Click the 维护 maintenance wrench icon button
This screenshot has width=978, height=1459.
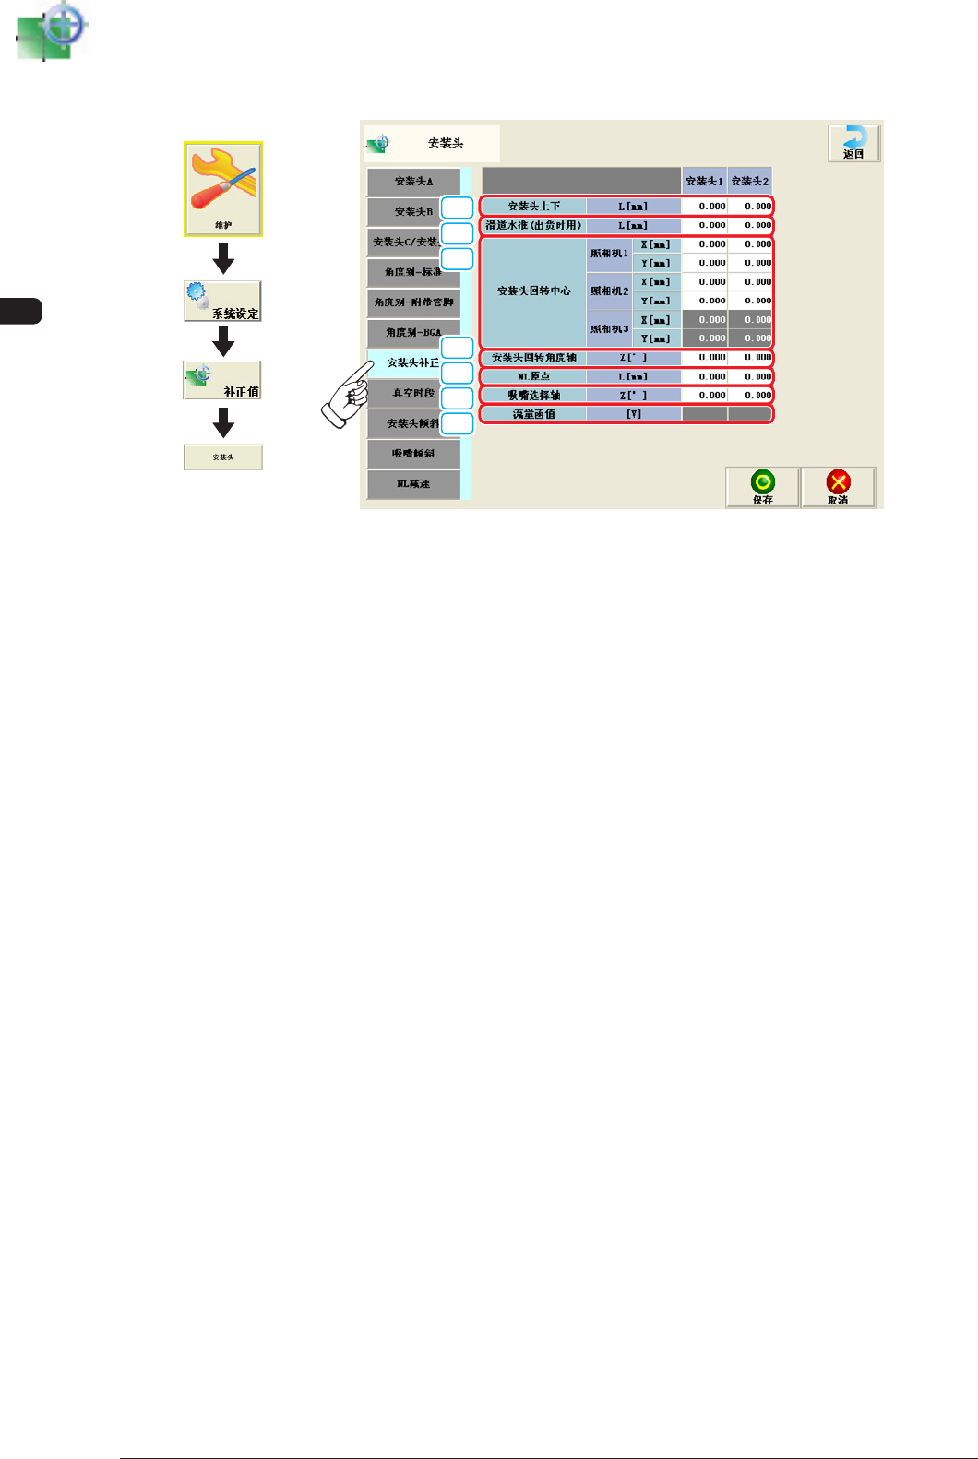(223, 188)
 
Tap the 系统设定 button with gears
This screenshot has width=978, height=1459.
(222, 301)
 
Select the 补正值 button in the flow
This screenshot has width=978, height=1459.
(222, 380)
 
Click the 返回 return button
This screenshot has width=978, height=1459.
(853, 143)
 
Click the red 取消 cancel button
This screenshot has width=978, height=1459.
(838, 486)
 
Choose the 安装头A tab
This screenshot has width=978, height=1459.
(413, 182)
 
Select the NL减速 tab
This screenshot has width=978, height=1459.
(413, 484)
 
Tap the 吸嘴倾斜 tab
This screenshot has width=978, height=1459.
(413, 454)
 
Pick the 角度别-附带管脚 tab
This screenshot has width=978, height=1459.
(413, 302)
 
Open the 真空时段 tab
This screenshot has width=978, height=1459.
(413, 394)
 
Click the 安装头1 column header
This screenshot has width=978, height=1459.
(704, 181)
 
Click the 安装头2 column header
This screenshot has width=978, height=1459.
(750, 181)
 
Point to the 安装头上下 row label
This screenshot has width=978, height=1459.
(533, 207)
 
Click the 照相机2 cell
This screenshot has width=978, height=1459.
(609, 291)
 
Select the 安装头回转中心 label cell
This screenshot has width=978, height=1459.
(533, 291)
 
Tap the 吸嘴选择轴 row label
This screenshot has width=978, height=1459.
(533, 396)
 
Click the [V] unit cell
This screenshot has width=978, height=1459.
(634, 414)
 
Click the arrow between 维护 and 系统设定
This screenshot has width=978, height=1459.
(223, 258)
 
